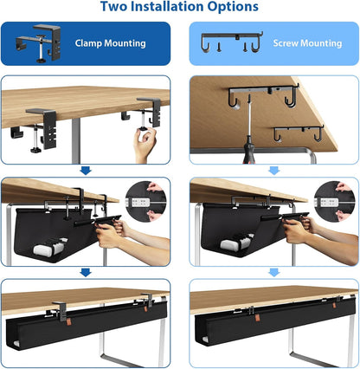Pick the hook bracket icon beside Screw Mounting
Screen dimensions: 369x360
click(226, 43)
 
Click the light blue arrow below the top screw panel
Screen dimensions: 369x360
click(274, 171)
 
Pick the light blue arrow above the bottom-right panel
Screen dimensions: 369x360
click(274, 271)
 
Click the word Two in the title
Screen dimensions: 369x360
click(115, 7)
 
